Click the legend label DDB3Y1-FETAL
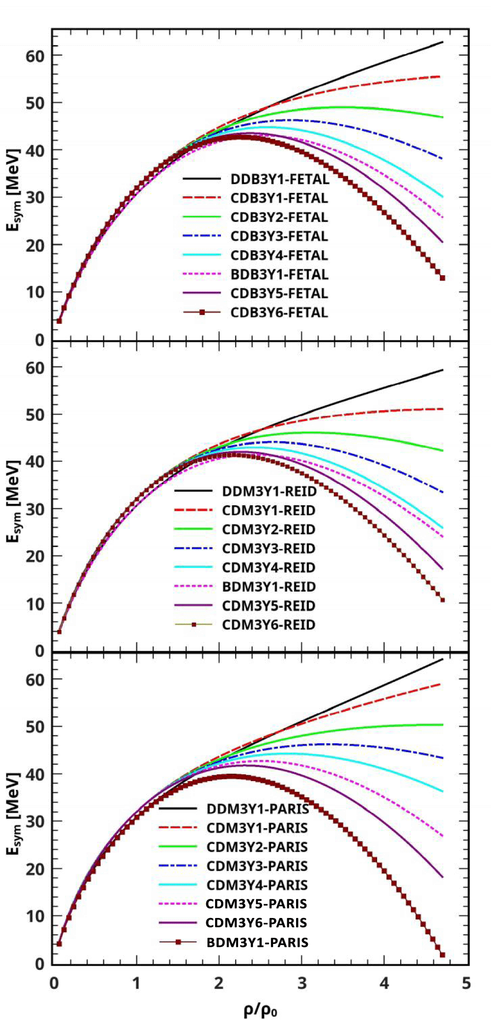pos(280,179)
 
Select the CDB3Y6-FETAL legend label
pos(279,313)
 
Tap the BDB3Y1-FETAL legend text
pos(279,274)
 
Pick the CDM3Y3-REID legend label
pos(269,549)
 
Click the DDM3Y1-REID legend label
pos(269,491)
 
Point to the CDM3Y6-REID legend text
pos(269,625)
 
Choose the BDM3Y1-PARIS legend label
pos(257,942)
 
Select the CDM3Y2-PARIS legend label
pos(257,847)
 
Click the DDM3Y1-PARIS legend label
pos(258,809)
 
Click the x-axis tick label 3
pos(301,983)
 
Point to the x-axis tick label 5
pos(466,983)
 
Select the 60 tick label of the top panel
pos(35,55)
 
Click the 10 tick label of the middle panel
pos(35,604)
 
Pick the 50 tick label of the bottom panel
pos(35,727)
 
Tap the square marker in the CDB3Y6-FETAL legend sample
pos(202,312)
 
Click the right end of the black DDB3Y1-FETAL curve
pos(443,42)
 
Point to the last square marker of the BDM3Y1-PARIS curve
pos(442,955)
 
